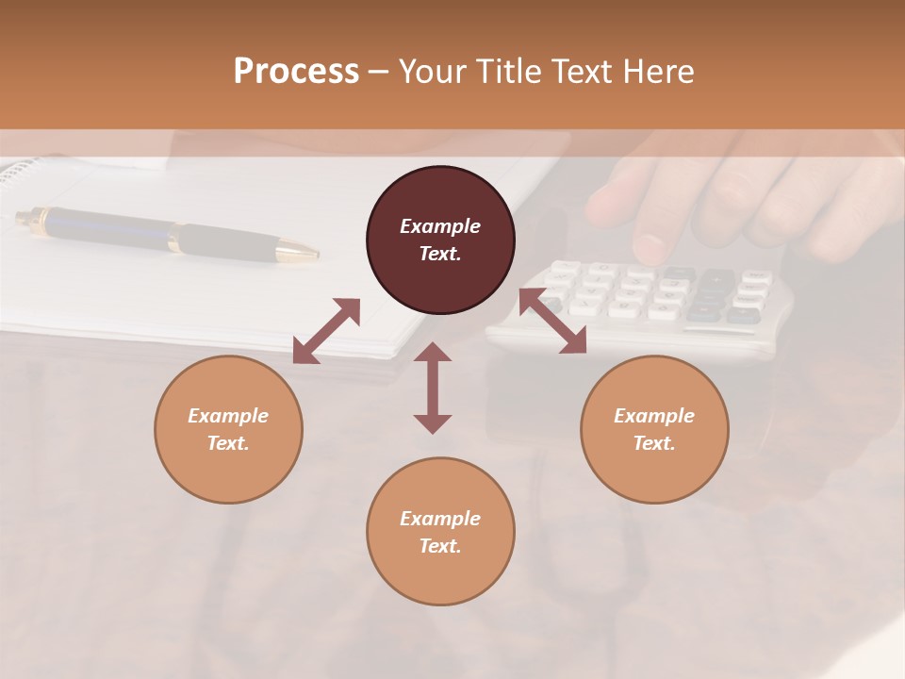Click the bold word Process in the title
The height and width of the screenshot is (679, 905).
coord(296,71)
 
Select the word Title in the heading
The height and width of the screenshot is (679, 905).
coord(507,71)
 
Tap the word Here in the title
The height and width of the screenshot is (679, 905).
coord(657,71)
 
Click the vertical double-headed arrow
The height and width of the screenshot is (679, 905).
coord(433,388)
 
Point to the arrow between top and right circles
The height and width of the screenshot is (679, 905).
coord(553,321)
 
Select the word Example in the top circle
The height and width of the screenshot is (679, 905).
coord(440,226)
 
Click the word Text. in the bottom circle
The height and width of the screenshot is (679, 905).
coord(440,546)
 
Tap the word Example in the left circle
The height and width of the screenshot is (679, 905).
coord(228,416)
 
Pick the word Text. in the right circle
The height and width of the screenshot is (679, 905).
coord(654,443)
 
